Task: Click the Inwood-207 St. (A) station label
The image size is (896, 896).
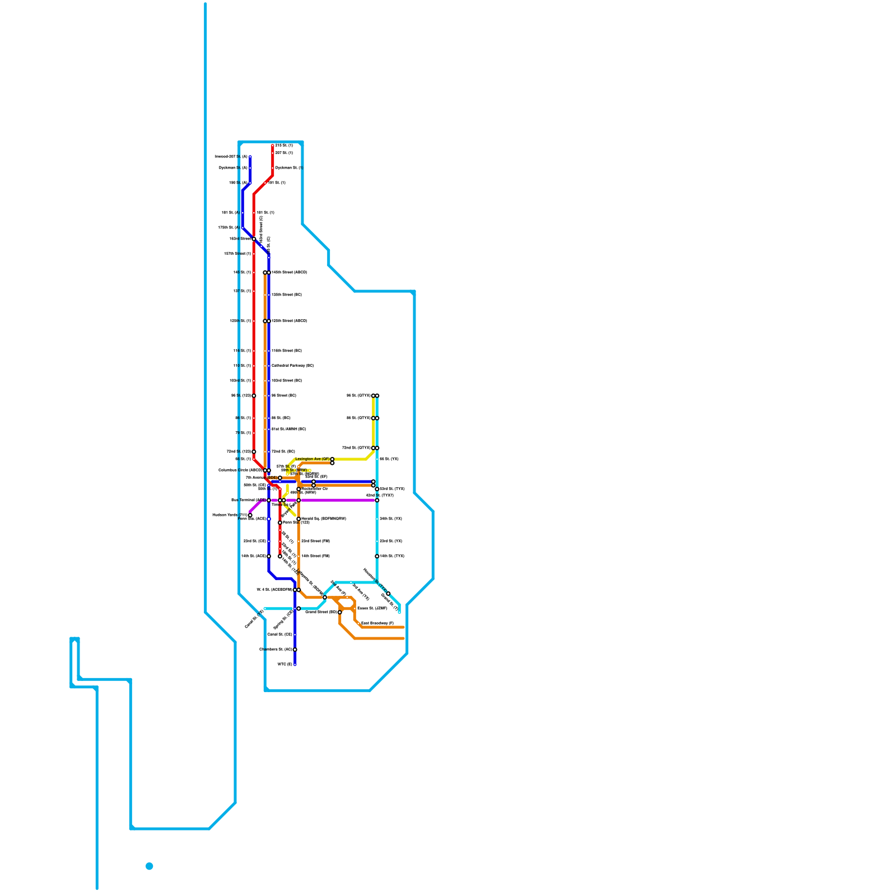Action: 231,157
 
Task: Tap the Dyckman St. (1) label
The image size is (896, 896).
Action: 289,168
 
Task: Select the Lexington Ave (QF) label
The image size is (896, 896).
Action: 312,459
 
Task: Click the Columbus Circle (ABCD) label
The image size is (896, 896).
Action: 240,470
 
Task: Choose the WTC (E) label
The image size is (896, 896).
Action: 285,665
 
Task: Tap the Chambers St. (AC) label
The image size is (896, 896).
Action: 276,650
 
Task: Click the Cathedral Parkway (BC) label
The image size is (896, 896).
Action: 292,366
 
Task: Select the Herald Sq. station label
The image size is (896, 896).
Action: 324,519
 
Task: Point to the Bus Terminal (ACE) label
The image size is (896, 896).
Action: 248,500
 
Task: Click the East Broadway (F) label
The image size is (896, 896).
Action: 377,623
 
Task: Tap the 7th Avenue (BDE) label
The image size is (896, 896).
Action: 261,478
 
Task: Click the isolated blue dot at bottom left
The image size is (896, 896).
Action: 150,866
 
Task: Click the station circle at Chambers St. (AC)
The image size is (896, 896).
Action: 295,650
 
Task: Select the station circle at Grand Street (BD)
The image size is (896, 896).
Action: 340,612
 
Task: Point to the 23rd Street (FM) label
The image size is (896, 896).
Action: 315,542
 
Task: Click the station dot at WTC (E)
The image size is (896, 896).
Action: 295,665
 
